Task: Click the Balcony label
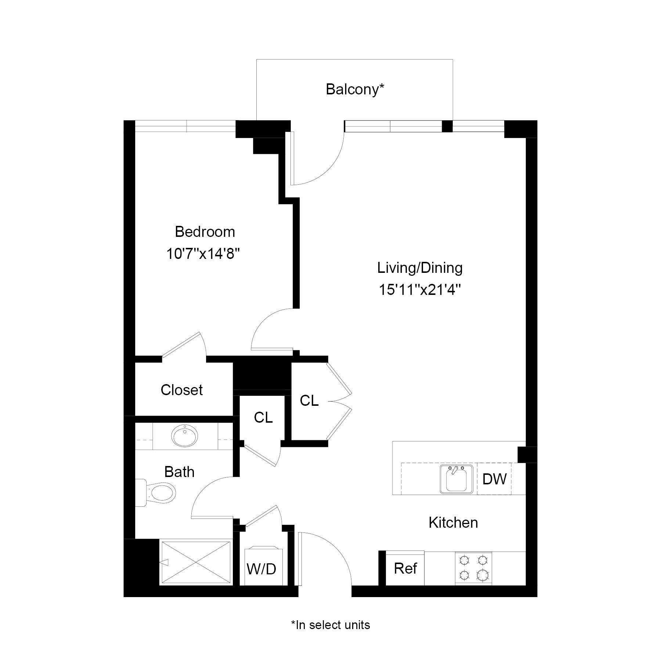pyautogui.click(x=355, y=90)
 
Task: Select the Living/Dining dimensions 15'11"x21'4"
pyautogui.click(x=420, y=290)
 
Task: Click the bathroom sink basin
pyautogui.click(x=184, y=436)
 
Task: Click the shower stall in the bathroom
pyautogui.click(x=196, y=562)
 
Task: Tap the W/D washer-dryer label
pyautogui.click(x=261, y=569)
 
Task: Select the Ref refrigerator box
pyautogui.click(x=405, y=568)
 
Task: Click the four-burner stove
pyautogui.click(x=473, y=568)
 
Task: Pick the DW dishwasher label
pyautogui.click(x=494, y=479)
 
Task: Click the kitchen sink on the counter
pyautogui.click(x=456, y=479)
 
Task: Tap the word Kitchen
pyautogui.click(x=453, y=523)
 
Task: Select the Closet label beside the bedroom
pyautogui.click(x=182, y=390)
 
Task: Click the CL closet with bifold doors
pyautogui.click(x=309, y=401)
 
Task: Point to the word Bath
pyautogui.click(x=179, y=472)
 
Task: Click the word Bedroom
pyautogui.click(x=205, y=232)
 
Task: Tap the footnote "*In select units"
pyautogui.click(x=330, y=625)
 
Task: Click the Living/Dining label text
pyautogui.click(x=420, y=268)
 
